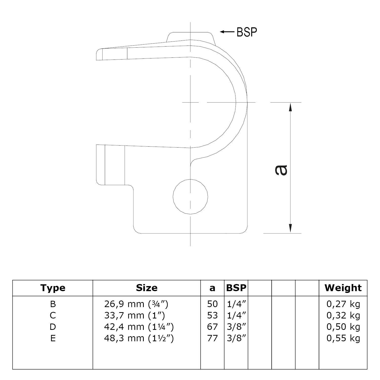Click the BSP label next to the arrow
click(x=247, y=32)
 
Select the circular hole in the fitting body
click(x=190, y=196)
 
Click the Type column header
click(x=53, y=288)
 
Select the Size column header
click(x=147, y=288)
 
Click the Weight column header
click(x=343, y=288)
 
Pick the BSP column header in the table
click(x=236, y=288)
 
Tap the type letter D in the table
click(x=53, y=327)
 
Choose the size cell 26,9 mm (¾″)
click(x=136, y=304)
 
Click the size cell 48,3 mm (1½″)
click(x=139, y=338)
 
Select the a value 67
click(x=212, y=327)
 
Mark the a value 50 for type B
click(x=212, y=304)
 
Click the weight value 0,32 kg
click(x=343, y=315)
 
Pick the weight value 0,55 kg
click(x=343, y=338)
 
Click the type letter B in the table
click(x=53, y=304)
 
